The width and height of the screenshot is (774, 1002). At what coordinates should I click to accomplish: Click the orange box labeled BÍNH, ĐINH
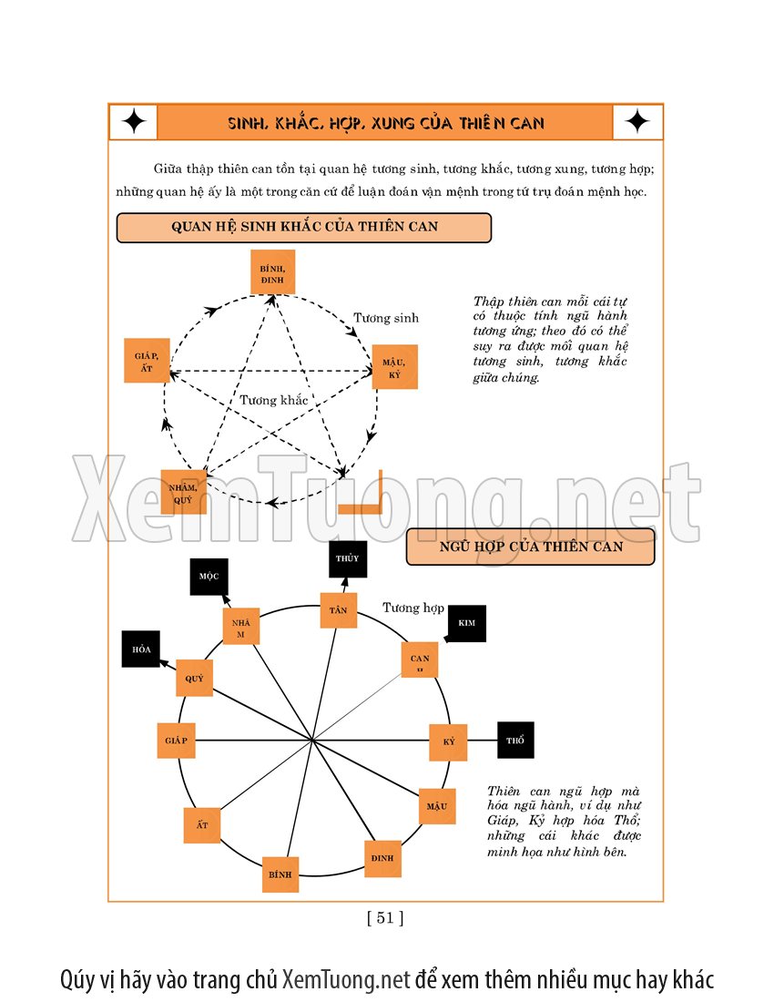coord(273,271)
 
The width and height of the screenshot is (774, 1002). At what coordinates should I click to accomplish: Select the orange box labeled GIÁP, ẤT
coord(147,361)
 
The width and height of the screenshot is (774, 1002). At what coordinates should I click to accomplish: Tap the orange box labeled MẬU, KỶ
coord(394,367)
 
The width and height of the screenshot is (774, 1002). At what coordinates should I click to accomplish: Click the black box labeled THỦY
coord(347,558)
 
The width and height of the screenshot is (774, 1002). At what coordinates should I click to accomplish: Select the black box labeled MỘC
coord(209,577)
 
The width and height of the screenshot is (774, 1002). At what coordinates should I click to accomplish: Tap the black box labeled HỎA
coord(141,649)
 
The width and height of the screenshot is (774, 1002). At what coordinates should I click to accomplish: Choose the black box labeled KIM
coord(467,623)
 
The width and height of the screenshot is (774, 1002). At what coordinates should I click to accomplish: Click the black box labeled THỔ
coord(515,740)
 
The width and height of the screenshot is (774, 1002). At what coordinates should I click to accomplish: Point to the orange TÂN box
coord(338,609)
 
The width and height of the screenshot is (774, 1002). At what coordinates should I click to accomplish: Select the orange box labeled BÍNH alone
coord(280,874)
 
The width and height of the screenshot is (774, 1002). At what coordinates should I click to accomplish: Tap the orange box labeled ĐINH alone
coord(382,858)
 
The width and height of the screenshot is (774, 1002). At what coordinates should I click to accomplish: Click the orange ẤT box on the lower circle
coord(202,825)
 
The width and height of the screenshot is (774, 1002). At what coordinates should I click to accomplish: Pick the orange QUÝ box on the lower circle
coord(194,678)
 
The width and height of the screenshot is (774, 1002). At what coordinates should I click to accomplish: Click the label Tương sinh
coord(386,318)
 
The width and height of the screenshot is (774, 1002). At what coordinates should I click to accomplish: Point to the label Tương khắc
coord(274,400)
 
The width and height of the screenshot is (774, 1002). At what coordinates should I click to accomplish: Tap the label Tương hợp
coord(413,608)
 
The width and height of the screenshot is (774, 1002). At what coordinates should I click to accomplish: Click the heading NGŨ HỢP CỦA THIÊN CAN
coord(530,547)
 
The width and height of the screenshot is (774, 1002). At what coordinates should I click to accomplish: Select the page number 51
coord(385,918)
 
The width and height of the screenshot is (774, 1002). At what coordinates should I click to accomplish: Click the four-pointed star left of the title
coord(134,122)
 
